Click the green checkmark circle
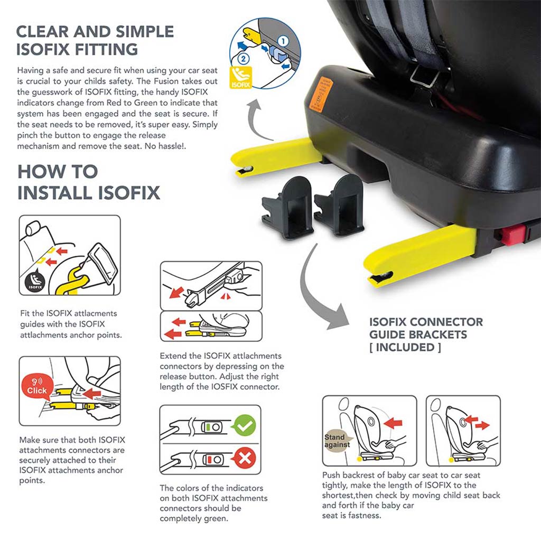coord(245,426)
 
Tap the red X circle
coord(245,459)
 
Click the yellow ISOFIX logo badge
coord(240,77)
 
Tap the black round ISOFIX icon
coord(35,281)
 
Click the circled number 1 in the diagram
coord(283,41)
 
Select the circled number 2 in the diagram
coord(243,59)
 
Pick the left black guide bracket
coord(288,207)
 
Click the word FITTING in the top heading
coord(106,49)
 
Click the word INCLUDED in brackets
coord(405,347)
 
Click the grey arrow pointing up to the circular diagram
coord(255,118)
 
